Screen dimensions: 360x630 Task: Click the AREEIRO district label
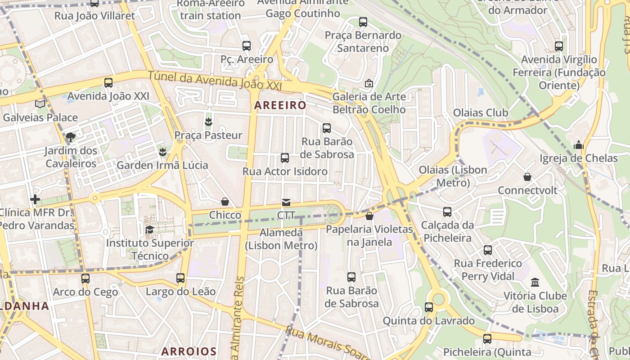(280, 105)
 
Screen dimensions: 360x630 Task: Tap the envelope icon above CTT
(286, 202)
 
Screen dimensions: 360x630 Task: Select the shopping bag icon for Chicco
(225, 202)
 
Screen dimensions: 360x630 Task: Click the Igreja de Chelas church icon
(579, 145)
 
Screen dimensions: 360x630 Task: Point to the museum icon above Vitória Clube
(535, 283)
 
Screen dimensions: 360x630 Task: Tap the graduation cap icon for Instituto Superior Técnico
(149, 230)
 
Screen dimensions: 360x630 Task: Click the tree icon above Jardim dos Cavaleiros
(70, 137)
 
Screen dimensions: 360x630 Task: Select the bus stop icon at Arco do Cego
(85, 279)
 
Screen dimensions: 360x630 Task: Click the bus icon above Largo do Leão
(180, 278)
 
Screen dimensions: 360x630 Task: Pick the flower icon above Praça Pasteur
(208, 121)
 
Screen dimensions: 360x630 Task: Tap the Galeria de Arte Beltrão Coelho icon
(369, 83)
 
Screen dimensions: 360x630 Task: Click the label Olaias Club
(481, 112)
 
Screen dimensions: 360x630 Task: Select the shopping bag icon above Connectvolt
(527, 177)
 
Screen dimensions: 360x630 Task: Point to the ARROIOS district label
(189, 351)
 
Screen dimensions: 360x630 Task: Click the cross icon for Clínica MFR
(35, 199)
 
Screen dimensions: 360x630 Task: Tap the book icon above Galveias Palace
(40, 104)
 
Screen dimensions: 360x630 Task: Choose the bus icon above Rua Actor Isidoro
(285, 158)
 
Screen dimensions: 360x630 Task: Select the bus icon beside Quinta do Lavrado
(429, 307)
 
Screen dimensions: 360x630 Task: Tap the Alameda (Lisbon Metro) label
(281, 239)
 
